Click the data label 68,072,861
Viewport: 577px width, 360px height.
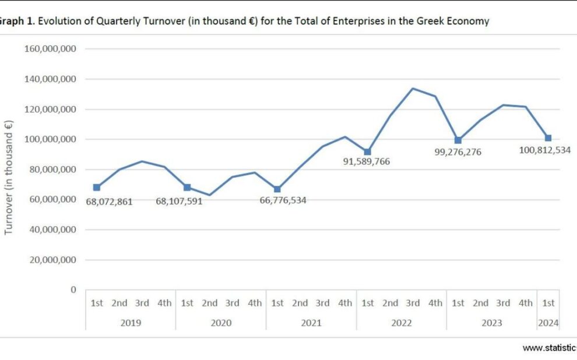tap(110, 202)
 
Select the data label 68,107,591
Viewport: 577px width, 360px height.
tap(179, 202)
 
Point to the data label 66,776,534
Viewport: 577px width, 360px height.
tap(283, 200)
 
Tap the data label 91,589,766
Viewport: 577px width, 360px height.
tap(367, 161)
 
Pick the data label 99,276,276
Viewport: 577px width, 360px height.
tap(458, 153)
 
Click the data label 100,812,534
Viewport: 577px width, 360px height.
tap(544, 150)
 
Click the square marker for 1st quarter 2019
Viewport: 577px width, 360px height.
tap(97, 188)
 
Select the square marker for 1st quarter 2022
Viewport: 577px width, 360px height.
tap(368, 152)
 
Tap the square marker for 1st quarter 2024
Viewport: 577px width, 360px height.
tap(548, 138)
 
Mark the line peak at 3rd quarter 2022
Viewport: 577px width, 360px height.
tap(413, 89)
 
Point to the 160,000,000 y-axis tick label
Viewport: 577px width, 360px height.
tap(51, 49)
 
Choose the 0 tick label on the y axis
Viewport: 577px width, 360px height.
tap(73, 290)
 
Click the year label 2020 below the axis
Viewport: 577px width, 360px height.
tap(221, 323)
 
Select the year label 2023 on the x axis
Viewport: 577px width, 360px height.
tap(491, 323)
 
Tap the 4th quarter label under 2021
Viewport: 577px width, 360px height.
tap(345, 303)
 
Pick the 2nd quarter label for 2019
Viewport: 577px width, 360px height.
tap(119, 303)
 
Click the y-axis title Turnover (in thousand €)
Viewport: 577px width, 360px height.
tap(9, 177)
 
